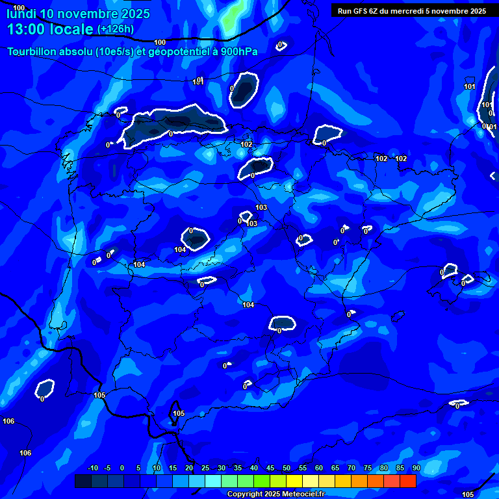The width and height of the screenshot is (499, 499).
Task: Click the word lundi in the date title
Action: coord(22,14)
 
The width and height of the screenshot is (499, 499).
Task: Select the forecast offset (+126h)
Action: coord(116,29)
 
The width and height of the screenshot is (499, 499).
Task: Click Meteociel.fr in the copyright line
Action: coord(307,494)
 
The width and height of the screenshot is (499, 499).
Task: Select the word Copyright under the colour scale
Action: coord(245,494)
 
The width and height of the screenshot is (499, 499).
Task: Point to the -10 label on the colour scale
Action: coord(92,468)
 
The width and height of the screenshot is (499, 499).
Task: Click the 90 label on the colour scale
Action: coord(416,468)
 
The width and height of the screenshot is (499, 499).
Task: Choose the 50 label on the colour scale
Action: coord(286,468)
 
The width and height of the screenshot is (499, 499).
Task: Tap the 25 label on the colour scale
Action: coord(205,468)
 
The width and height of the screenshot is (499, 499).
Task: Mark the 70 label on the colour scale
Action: coord(351,468)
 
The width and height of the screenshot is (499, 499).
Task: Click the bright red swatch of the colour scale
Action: coord(407,481)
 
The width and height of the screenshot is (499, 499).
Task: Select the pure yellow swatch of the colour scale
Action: coord(294,481)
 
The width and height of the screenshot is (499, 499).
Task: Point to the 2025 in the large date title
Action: coord(131,14)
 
